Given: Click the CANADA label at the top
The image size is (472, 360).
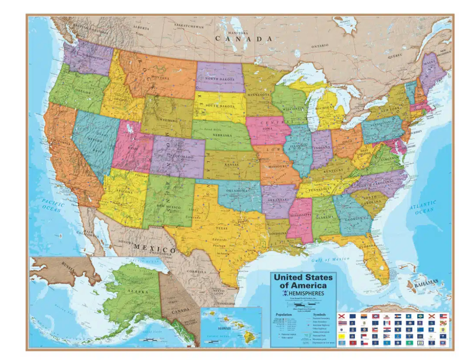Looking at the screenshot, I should coord(243,39).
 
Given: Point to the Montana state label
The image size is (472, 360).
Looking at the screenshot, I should coord(160,78).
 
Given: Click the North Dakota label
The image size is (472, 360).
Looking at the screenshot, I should coord(220,79).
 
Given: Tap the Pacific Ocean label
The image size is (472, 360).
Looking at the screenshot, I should coord(53,206).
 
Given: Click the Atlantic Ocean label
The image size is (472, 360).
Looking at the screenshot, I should coord(423,206).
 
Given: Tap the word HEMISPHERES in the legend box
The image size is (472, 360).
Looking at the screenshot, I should coord(306,293).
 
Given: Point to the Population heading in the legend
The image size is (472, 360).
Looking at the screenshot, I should coord(285,314).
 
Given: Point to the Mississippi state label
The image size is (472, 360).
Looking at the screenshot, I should coord(300,214).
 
